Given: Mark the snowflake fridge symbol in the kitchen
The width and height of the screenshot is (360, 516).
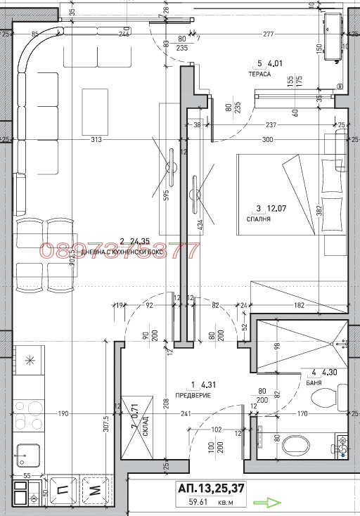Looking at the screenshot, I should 30,361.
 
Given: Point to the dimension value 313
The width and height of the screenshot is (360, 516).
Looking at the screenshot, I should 96,139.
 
